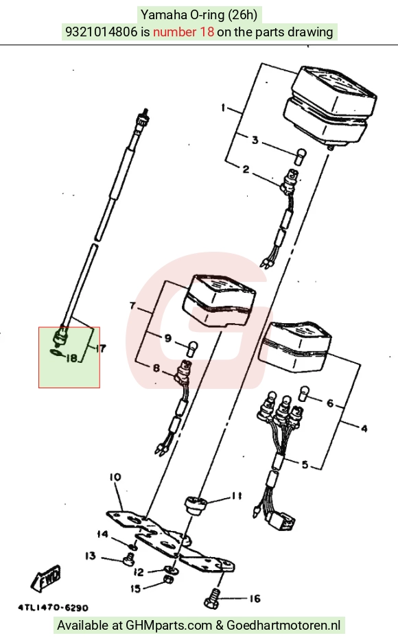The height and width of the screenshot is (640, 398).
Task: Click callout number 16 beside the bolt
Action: tap(255, 599)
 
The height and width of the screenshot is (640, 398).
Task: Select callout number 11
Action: tap(236, 496)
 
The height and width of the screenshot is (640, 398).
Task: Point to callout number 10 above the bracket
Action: tap(115, 477)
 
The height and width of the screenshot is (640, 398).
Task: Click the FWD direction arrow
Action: tap(46, 578)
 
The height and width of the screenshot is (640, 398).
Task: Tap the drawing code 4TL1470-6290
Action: tap(53, 608)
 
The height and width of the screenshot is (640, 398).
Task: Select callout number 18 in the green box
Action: tap(71, 358)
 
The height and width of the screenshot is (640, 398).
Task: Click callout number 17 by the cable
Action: tap(100, 348)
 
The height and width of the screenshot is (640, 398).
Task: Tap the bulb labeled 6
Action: tap(304, 392)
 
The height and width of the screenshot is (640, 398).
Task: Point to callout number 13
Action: tap(91, 556)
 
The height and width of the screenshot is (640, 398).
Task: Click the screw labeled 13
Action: tap(128, 560)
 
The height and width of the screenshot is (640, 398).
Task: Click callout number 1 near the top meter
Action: tap(223, 108)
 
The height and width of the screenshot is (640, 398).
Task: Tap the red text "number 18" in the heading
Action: tap(183, 32)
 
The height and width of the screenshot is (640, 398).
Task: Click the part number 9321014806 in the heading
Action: tap(102, 32)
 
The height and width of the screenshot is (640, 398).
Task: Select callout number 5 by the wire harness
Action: tap(305, 464)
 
